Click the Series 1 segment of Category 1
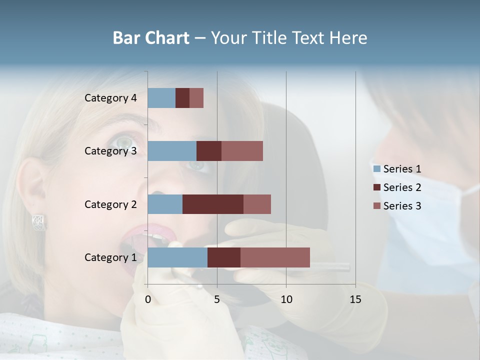tap(177, 257)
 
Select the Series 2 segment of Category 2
tap(213, 204)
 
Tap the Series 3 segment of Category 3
tap(242, 151)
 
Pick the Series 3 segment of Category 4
tap(196, 98)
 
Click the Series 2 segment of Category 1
tap(224, 257)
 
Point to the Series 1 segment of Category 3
tap(172, 151)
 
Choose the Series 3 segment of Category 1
tap(275, 257)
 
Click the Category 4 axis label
tap(110, 98)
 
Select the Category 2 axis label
tap(110, 204)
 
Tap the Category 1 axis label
tap(110, 257)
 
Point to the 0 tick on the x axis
tap(148, 299)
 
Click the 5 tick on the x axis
tap(217, 299)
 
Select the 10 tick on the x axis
tap(286, 299)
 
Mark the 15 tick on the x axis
tap(355, 299)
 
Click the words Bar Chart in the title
tap(150, 38)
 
